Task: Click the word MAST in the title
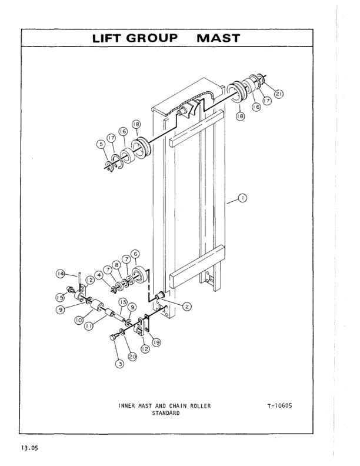pos(218,38)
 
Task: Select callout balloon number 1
pos(242,198)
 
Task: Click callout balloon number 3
pos(119,364)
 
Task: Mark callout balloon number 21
pos(278,92)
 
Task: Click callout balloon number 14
pos(60,273)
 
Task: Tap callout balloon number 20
pos(133,357)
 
